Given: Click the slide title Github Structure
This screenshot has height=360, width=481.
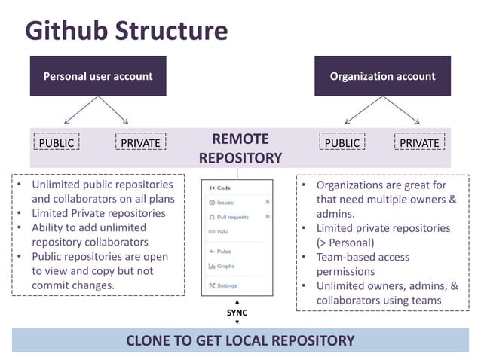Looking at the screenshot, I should (126, 30).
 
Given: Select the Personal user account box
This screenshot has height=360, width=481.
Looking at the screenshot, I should (97, 76).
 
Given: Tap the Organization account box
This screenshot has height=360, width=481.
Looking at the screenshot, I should (382, 76).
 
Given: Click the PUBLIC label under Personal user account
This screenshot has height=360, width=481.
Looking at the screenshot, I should (57, 142).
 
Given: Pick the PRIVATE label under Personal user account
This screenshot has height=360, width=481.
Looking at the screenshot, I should (140, 142).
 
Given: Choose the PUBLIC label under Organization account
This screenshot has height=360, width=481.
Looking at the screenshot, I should (342, 142).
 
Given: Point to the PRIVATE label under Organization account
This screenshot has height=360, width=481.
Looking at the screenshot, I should (419, 142).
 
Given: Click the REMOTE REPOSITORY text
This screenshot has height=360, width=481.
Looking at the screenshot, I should (240, 148).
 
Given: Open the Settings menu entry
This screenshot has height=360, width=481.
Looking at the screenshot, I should (226, 286).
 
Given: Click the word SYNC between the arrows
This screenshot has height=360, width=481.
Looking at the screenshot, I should (237, 312).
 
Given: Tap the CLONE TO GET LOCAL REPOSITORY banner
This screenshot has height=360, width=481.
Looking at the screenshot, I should (240, 340).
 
